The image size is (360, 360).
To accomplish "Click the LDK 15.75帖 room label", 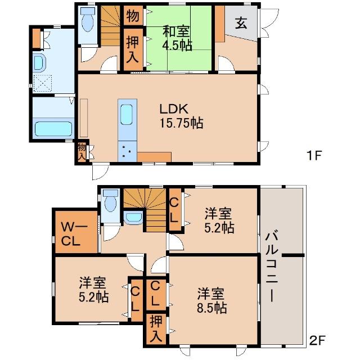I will coord(181,115).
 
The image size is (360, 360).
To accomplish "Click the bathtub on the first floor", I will coord(53,128).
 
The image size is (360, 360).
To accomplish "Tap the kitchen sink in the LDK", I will coord(127,115).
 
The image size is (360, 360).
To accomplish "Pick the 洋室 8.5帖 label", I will coord(211,300).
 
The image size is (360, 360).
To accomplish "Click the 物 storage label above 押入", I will coord(133,16).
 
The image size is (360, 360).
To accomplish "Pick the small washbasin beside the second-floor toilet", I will coord(133,218).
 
